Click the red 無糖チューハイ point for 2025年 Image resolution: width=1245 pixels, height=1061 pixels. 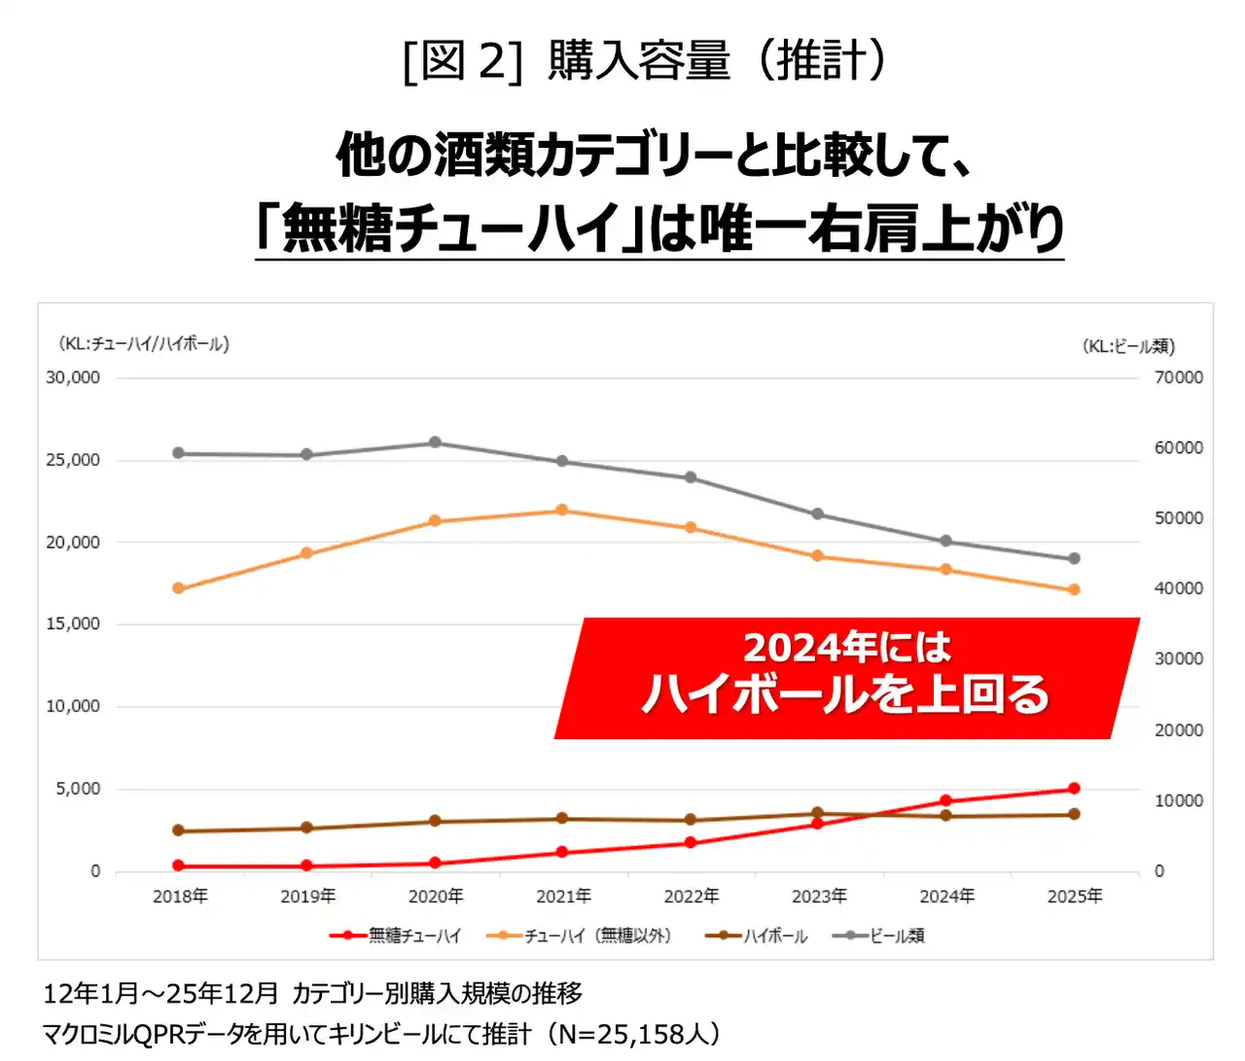(x=1074, y=789)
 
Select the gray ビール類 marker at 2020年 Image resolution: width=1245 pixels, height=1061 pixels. (x=435, y=442)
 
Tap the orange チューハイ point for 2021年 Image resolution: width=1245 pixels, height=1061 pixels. (x=562, y=510)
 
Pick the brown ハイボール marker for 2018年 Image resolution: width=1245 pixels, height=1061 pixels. (x=178, y=831)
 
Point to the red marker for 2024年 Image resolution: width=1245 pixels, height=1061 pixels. (x=945, y=801)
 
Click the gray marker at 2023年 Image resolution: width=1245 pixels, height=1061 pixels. (x=818, y=513)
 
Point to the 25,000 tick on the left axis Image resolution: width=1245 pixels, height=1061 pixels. (x=73, y=460)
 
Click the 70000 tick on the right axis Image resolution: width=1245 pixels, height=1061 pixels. (x=1178, y=377)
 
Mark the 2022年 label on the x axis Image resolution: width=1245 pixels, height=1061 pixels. (x=691, y=896)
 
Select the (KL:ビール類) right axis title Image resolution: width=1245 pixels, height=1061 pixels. (x=1128, y=346)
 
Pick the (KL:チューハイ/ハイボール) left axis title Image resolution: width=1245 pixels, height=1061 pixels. (x=144, y=343)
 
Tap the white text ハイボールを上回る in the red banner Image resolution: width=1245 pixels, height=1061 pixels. (x=845, y=694)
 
